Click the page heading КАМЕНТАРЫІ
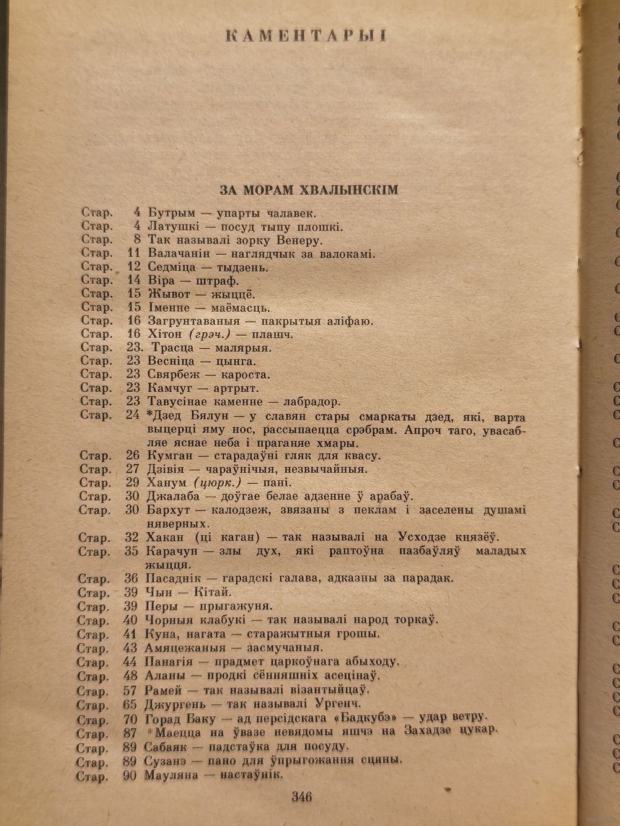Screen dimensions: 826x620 click(x=306, y=35)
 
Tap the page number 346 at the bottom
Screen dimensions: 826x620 click(x=302, y=797)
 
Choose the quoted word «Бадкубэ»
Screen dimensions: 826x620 click(x=384, y=719)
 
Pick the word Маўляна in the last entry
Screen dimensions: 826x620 click(x=172, y=775)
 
